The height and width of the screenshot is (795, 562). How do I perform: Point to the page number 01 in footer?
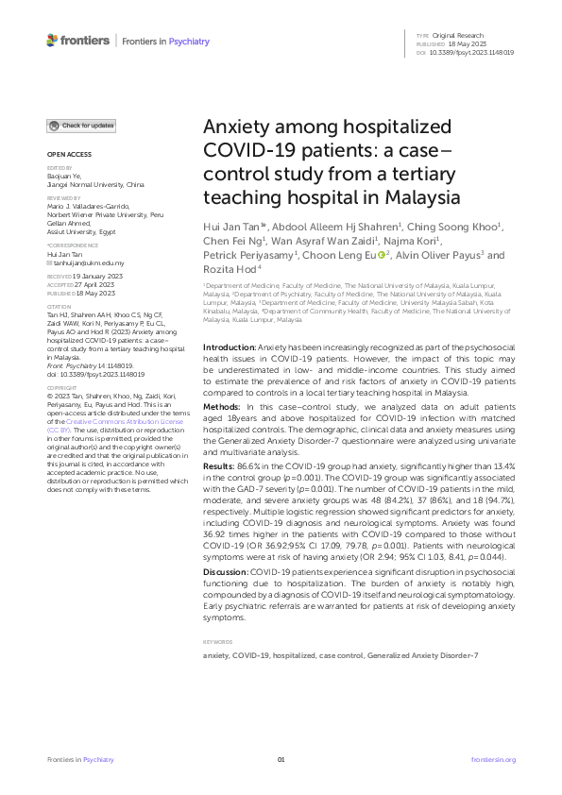click(281, 759)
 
